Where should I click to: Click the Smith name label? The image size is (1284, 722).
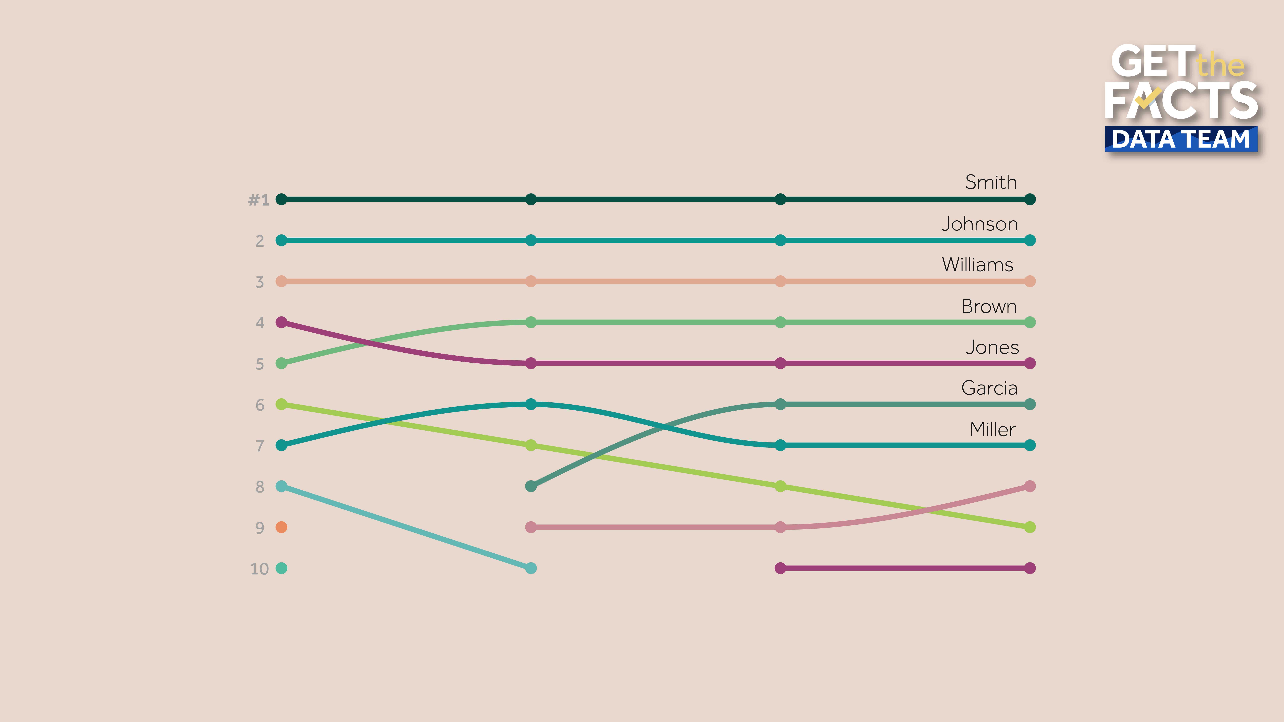coord(990,182)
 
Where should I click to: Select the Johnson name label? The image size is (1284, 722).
coord(979,224)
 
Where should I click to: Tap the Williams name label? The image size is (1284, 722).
coord(977,265)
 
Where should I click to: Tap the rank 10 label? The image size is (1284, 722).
coord(259,569)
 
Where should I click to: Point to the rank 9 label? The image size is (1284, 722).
coord(260,528)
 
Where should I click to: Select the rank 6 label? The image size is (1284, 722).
coord(260,405)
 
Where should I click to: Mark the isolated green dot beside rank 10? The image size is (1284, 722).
coord(282,568)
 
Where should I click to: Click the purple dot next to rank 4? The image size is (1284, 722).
coord(282,322)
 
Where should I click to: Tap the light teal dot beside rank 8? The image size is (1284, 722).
coord(282,486)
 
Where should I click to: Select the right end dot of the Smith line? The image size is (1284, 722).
coord(1030,199)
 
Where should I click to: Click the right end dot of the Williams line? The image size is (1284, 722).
coord(1030,281)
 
